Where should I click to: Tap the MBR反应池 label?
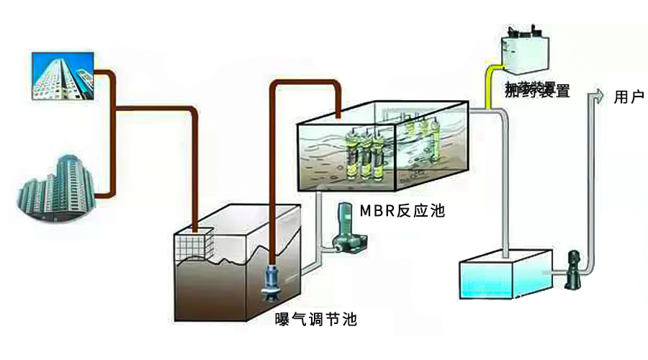coord(402,212)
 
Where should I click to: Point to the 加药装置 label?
coord(536,91)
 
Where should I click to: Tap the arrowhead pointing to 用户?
coord(596,97)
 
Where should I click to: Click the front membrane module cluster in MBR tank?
coord(363,155)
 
